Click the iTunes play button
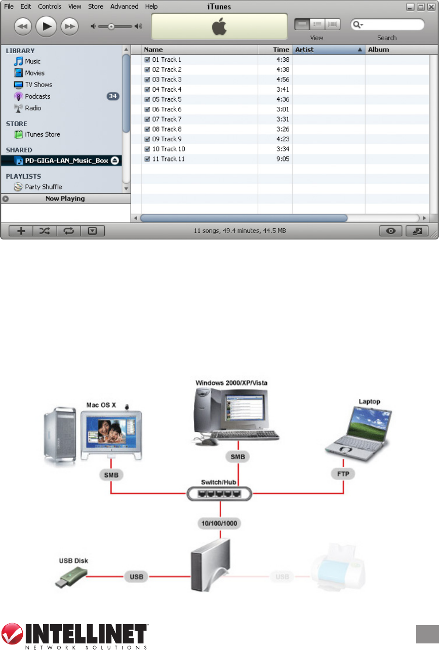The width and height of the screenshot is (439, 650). point(47,26)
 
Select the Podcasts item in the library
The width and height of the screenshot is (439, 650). point(37,96)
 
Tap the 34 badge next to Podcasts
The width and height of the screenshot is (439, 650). point(112,96)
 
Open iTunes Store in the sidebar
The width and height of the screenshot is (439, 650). point(43,134)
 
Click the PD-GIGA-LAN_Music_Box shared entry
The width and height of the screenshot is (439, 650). point(66,160)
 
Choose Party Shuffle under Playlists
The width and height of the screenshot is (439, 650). point(44,187)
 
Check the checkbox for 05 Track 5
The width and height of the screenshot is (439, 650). point(147,99)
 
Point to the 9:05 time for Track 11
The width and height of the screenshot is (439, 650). point(282,159)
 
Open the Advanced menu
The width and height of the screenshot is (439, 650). point(124,7)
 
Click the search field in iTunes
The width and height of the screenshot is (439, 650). point(392,25)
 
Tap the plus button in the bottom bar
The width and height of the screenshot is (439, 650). point(21,231)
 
